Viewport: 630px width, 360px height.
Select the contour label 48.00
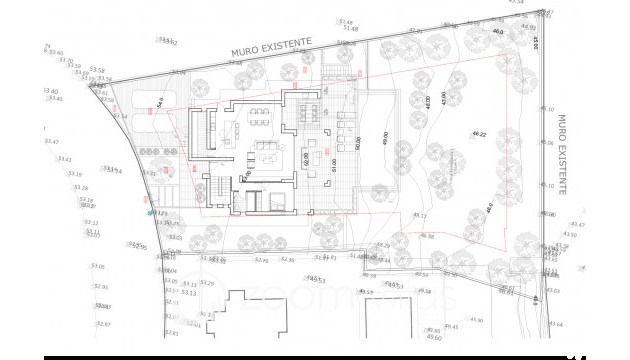coord(427,103)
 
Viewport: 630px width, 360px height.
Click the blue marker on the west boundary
coord(150,213)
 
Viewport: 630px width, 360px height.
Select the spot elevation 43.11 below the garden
coord(419,216)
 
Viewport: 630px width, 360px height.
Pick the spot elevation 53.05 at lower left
coord(98,266)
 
